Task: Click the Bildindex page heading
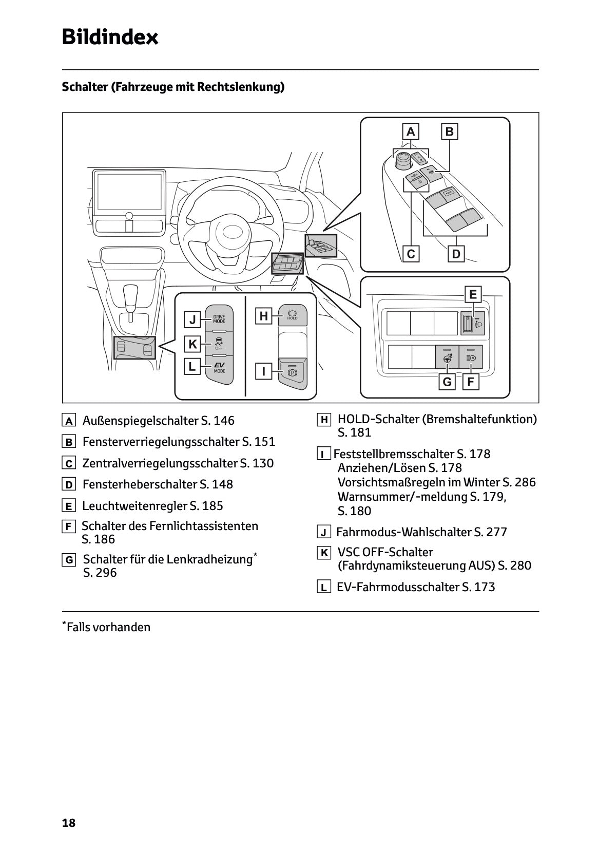click(110, 37)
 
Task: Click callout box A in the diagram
click(410, 131)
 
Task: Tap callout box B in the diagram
click(449, 131)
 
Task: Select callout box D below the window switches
click(456, 254)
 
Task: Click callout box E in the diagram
click(472, 295)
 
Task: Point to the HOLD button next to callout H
click(292, 314)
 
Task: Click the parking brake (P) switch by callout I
click(292, 371)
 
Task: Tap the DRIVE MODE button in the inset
click(219, 318)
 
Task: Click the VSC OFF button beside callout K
click(219, 343)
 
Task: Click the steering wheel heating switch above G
click(447, 357)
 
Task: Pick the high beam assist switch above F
click(471, 357)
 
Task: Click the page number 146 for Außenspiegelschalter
click(223, 421)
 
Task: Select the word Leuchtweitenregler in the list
click(135, 506)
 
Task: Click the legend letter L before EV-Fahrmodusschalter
click(323, 588)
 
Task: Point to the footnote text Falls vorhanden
click(108, 627)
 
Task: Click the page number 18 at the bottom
click(68, 823)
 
